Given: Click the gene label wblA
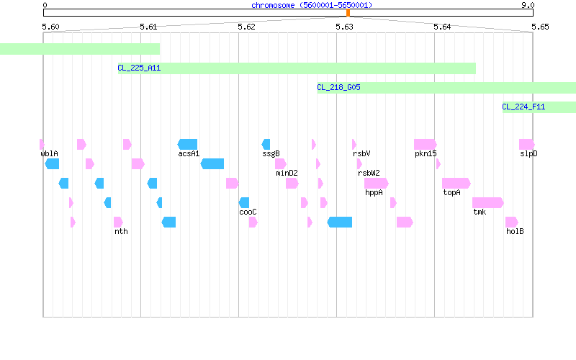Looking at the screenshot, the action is (49, 153).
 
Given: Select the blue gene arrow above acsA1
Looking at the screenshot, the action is (187, 145).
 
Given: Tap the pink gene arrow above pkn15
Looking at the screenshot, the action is (426, 145).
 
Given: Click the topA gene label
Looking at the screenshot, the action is (451, 192).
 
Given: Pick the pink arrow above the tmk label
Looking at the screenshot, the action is (488, 202).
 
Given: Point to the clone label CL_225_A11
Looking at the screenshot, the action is (139, 68).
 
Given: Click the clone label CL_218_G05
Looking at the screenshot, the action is (338, 87).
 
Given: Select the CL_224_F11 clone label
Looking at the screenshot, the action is (523, 107).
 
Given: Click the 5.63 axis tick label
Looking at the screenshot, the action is (344, 27).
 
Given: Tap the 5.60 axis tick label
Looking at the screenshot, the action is (50, 27).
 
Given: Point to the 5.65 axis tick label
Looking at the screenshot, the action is (540, 27).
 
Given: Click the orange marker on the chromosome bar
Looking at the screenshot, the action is (348, 13).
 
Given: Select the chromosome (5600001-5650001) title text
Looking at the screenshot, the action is (312, 5).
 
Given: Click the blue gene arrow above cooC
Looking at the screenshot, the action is (244, 202).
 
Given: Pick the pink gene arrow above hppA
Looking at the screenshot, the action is (377, 183).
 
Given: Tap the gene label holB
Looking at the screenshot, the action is (515, 231).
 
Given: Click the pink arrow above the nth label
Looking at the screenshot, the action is (118, 222).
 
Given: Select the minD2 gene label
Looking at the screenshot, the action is (287, 173).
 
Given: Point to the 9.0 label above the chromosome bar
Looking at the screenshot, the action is (528, 5).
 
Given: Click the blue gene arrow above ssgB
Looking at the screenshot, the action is (266, 145).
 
